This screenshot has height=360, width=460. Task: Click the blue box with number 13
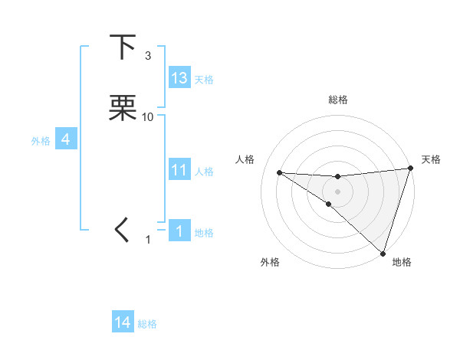click(x=179, y=78)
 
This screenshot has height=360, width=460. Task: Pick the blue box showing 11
click(x=179, y=170)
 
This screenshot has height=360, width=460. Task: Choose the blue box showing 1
click(x=179, y=231)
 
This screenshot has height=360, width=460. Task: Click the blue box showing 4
click(x=66, y=139)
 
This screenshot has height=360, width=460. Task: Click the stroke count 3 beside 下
click(x=148, y=56)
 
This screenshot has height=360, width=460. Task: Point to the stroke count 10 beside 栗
click(x=149, y=117)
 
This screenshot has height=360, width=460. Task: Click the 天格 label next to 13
click(x=204, y=80)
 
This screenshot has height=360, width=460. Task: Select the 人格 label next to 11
click(x=204, y=172)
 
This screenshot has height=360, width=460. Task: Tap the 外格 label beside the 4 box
click(x=41, y=141)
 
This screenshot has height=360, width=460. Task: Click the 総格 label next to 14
click(x=147, y=324)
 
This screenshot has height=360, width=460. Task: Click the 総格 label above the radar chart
click(x=338, y=100)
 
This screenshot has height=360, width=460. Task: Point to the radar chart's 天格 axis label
click(x=431, y=159)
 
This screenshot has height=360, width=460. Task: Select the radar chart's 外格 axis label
click(x=270, y=262)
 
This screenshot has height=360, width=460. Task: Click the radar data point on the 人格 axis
click(x=280, y=172)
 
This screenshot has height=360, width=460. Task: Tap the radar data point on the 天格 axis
click(x=410, y=169)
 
